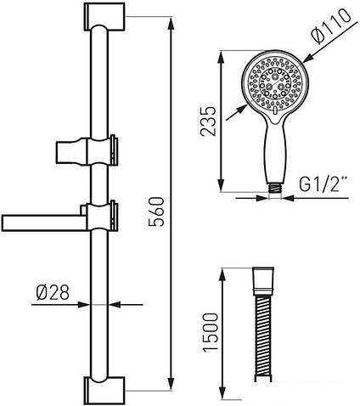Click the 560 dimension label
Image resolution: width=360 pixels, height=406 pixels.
[156, 211]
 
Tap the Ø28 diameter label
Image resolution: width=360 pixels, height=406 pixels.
[53, 292]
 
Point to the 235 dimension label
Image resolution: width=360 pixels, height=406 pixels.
[208, 121]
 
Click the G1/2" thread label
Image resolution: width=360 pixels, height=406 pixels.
[323, 184]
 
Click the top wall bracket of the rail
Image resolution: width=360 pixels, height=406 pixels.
[104, 16]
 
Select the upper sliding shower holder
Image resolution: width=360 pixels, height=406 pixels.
[87, 150]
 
